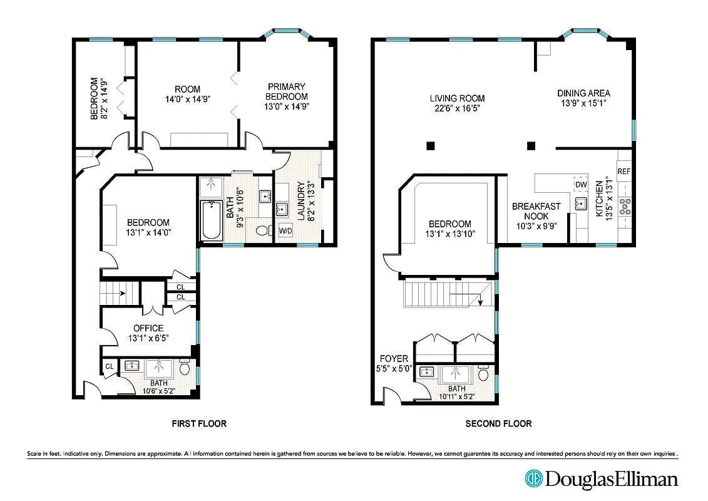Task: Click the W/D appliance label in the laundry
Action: point(285,230)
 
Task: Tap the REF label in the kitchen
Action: point(623,171)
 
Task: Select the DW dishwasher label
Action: point(580,185)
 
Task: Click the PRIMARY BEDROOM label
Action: point(287,91)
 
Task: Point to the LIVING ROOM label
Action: point(457,98)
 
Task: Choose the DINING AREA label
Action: point(583,94)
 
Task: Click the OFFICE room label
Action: point(148,328)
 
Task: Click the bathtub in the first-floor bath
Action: point(211,220)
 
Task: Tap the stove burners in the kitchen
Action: point(625,206)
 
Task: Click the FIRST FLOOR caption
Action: point(199,424)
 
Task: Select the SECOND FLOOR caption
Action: point(498,424)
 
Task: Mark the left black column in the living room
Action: point(431,146)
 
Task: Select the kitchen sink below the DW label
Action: point(580,203)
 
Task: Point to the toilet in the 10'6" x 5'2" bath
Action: point(185,369)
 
